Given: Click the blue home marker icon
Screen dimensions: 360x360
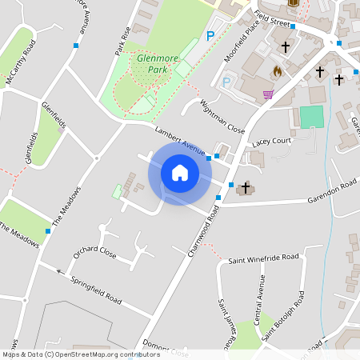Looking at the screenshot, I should click(x=180, y=172).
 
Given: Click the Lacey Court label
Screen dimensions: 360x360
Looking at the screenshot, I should click(x=271, y=141).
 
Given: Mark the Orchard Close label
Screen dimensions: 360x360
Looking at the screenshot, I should click(x=94, y=254).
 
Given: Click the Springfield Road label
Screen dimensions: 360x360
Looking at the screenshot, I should click(x=96, y=291).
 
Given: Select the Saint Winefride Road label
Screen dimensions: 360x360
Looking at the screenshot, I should click(x=263, y=258).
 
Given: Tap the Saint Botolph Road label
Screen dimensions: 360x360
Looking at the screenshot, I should click(x=284, y=316).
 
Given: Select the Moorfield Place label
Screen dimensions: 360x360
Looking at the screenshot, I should click(x=242, y=34).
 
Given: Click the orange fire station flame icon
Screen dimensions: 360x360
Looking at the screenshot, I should click(x=278, y=70).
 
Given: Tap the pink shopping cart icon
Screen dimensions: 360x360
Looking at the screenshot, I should click(x=267, y=94).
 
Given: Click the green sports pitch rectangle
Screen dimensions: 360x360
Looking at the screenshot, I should click(x=312, y=118).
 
